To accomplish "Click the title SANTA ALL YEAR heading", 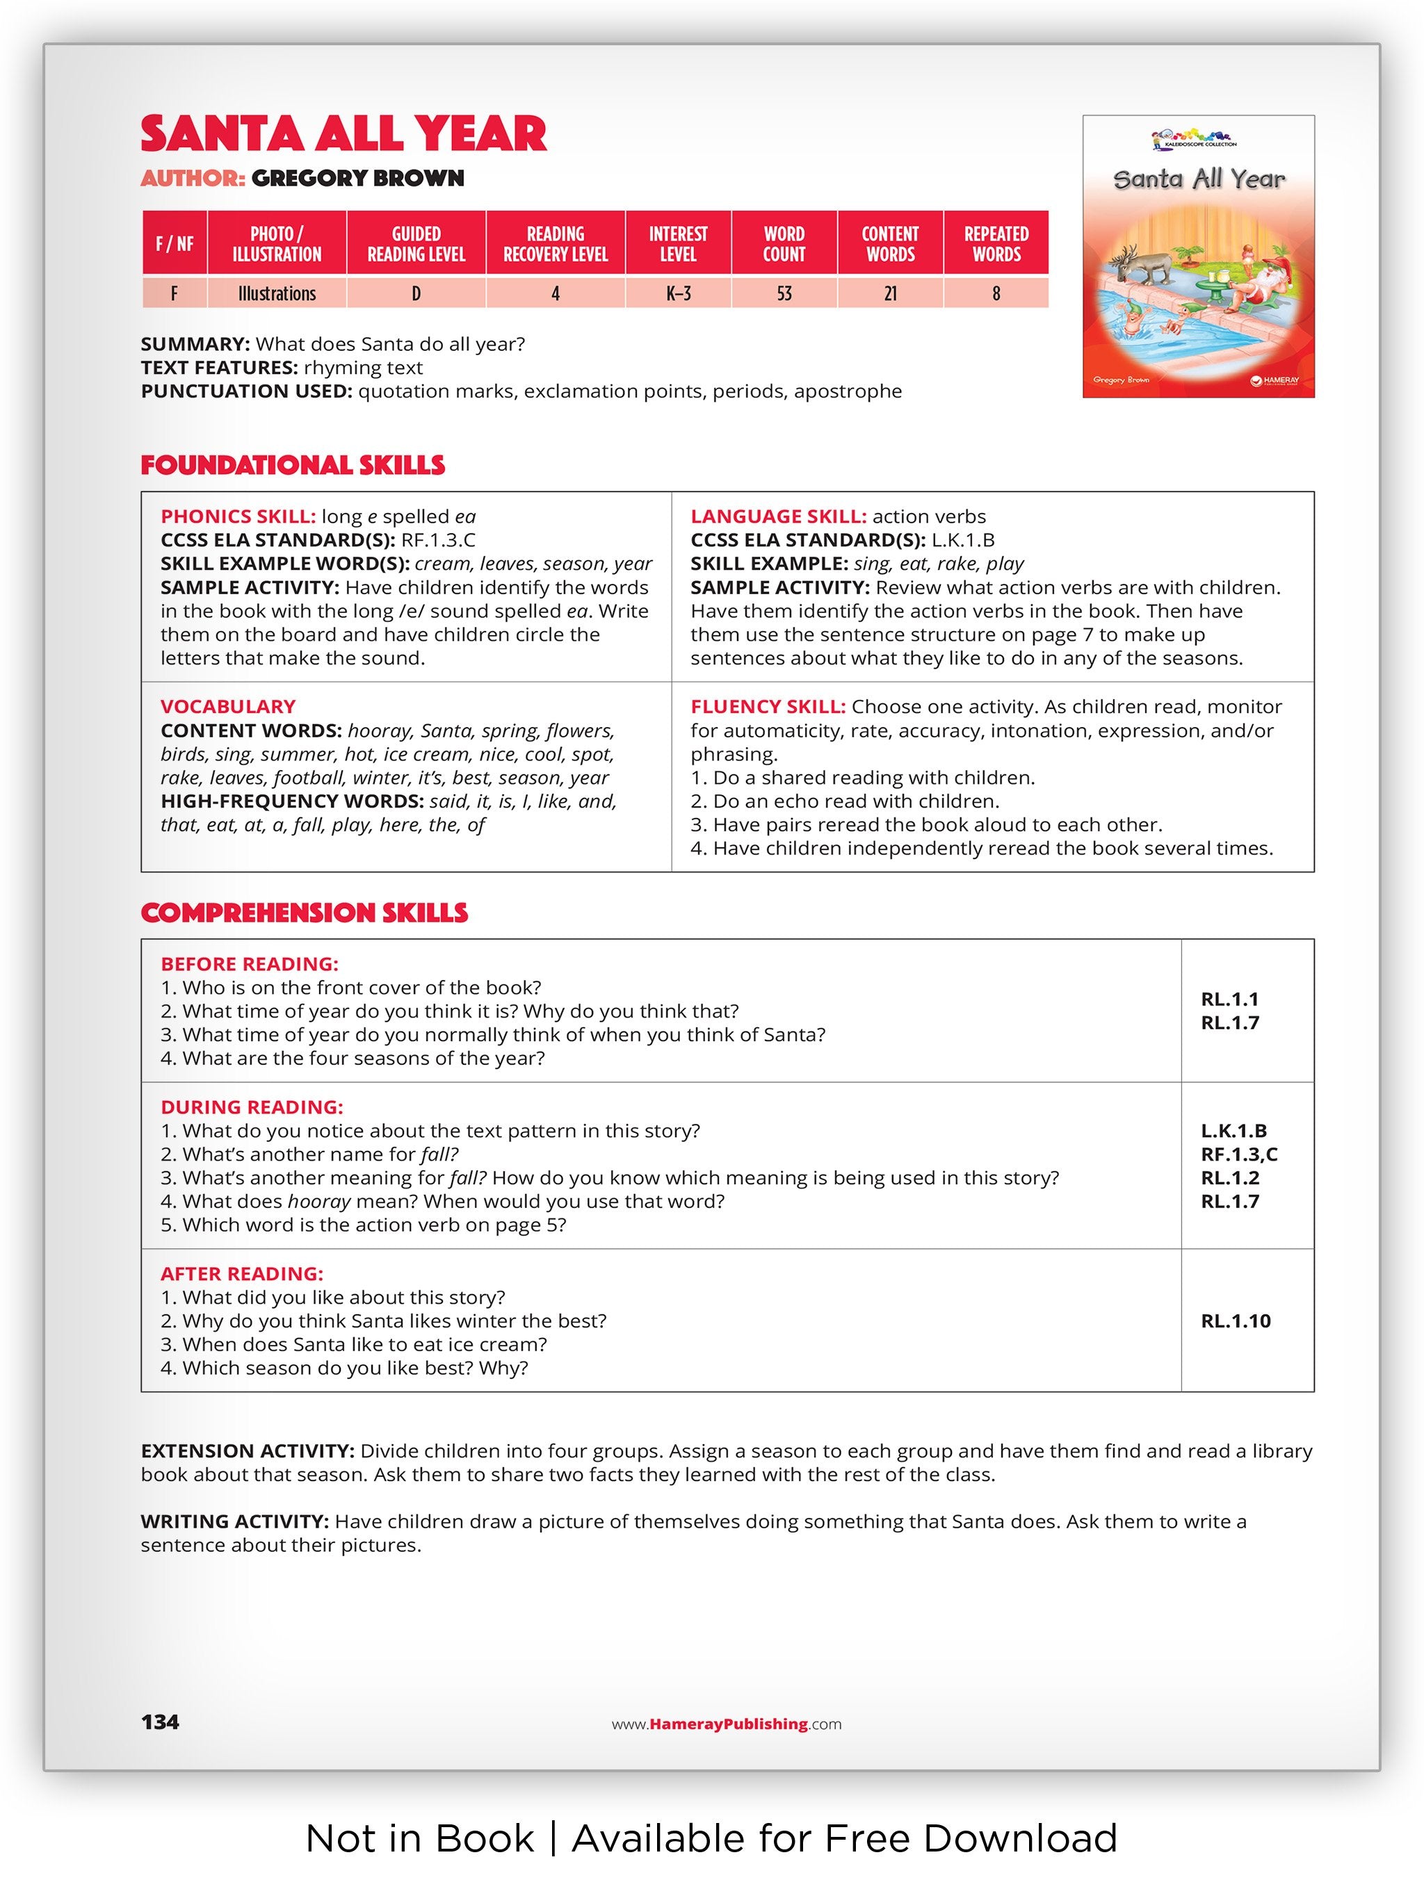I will coord(343,134).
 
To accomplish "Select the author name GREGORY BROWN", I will coord(358,179).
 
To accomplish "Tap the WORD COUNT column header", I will coord(783,244).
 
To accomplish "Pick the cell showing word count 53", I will coord(783,294).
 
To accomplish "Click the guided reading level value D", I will coord(416,294).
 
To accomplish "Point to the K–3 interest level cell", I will coord(677,294).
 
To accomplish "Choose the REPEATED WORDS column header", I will coord(996,244).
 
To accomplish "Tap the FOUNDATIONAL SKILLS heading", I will coord(293,466).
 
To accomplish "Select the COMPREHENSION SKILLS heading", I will coord(303,913).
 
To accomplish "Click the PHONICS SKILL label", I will coord(238,517).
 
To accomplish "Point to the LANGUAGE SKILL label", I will coord(778,517).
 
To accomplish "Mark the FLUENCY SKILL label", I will coord(768,707).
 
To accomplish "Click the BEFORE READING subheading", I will coord(249,965).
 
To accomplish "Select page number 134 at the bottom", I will coord(160,1722).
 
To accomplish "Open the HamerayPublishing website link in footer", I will coord(727,1724).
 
